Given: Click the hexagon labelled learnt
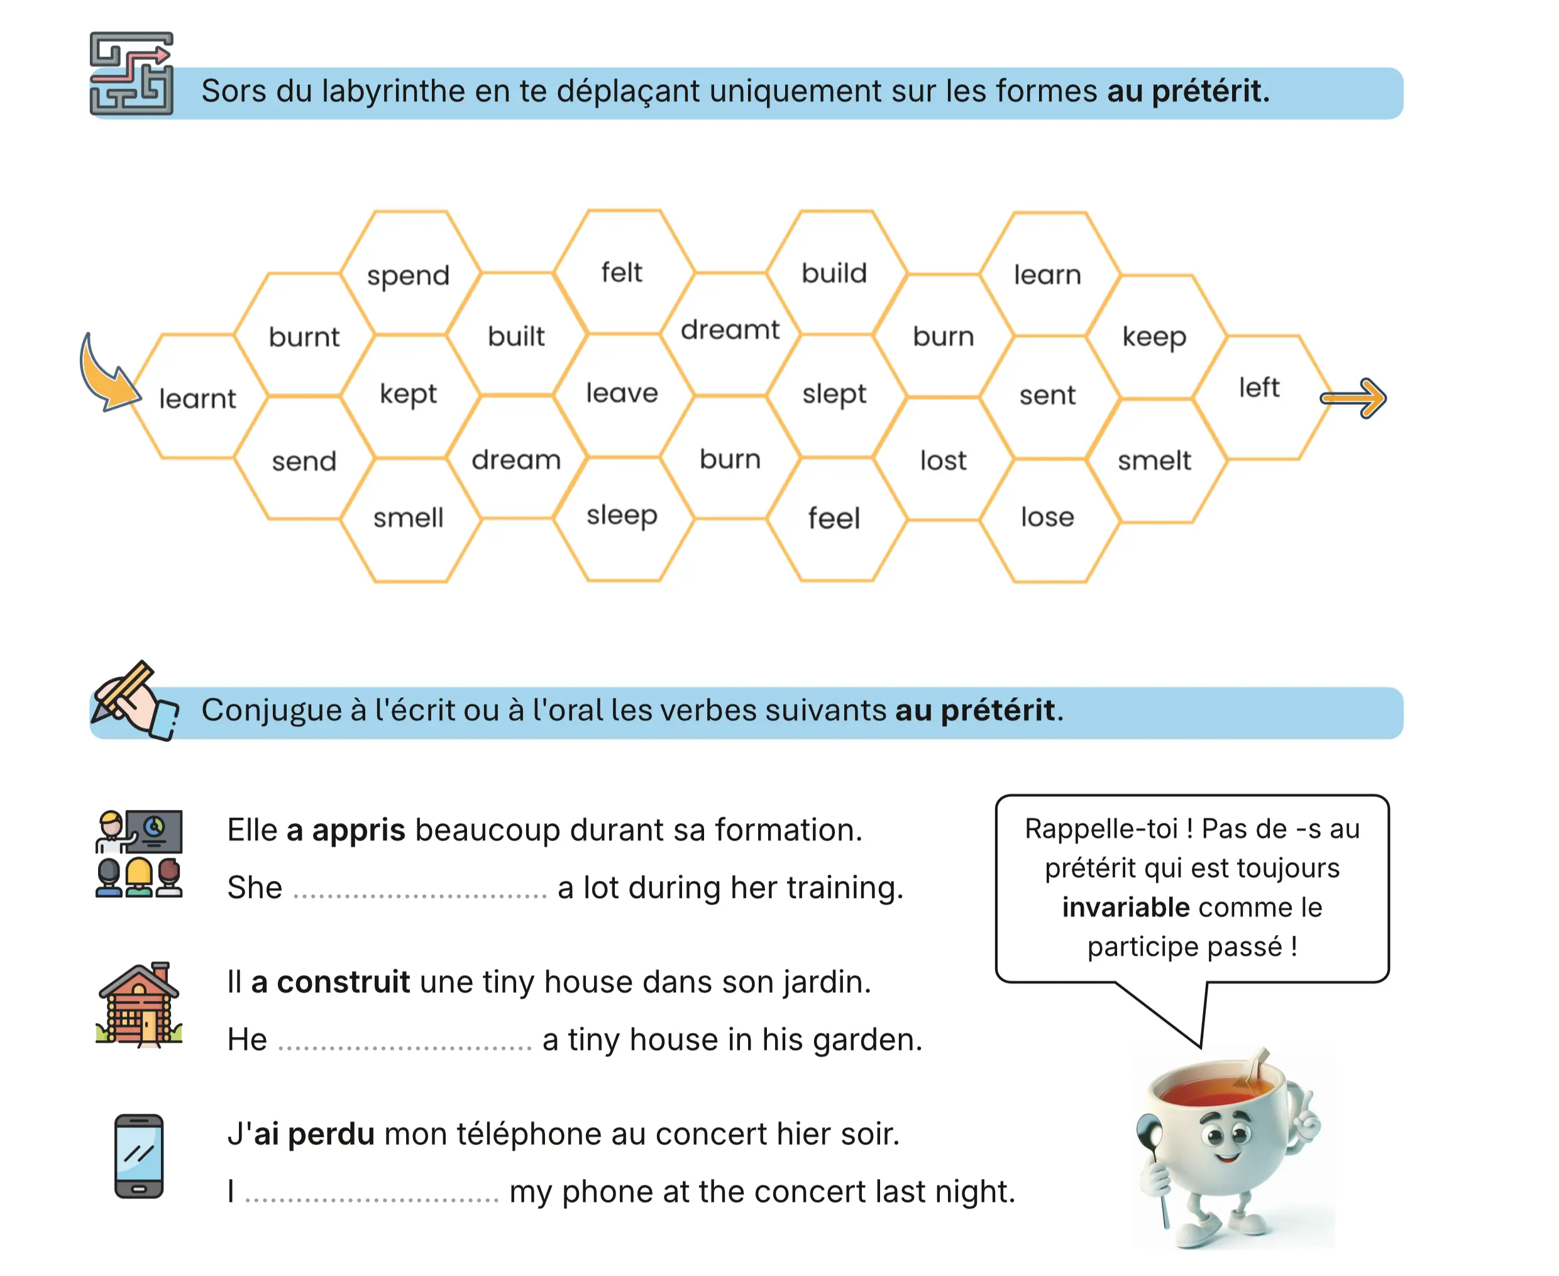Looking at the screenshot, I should click(x=197, y=397).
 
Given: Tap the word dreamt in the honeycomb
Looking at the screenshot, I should click(x=730, y=330).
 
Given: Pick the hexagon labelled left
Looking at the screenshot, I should click(x=1259, y=388).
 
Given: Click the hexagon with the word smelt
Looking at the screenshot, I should click(x=1154, y=461).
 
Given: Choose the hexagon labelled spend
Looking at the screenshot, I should click(x=409, y=275).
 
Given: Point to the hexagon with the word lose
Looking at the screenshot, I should click(x=1047, y=518).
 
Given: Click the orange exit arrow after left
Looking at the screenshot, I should click(x=1353, y=398).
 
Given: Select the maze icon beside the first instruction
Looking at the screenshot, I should click(x=131, y=74).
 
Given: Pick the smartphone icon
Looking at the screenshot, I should click(x=139, y=1155).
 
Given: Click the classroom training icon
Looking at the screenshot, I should click(x=139, y=853).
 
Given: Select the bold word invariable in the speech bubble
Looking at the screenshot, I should click(x=1125, y=907).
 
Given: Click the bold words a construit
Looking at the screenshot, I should click(x=331, y=982).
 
